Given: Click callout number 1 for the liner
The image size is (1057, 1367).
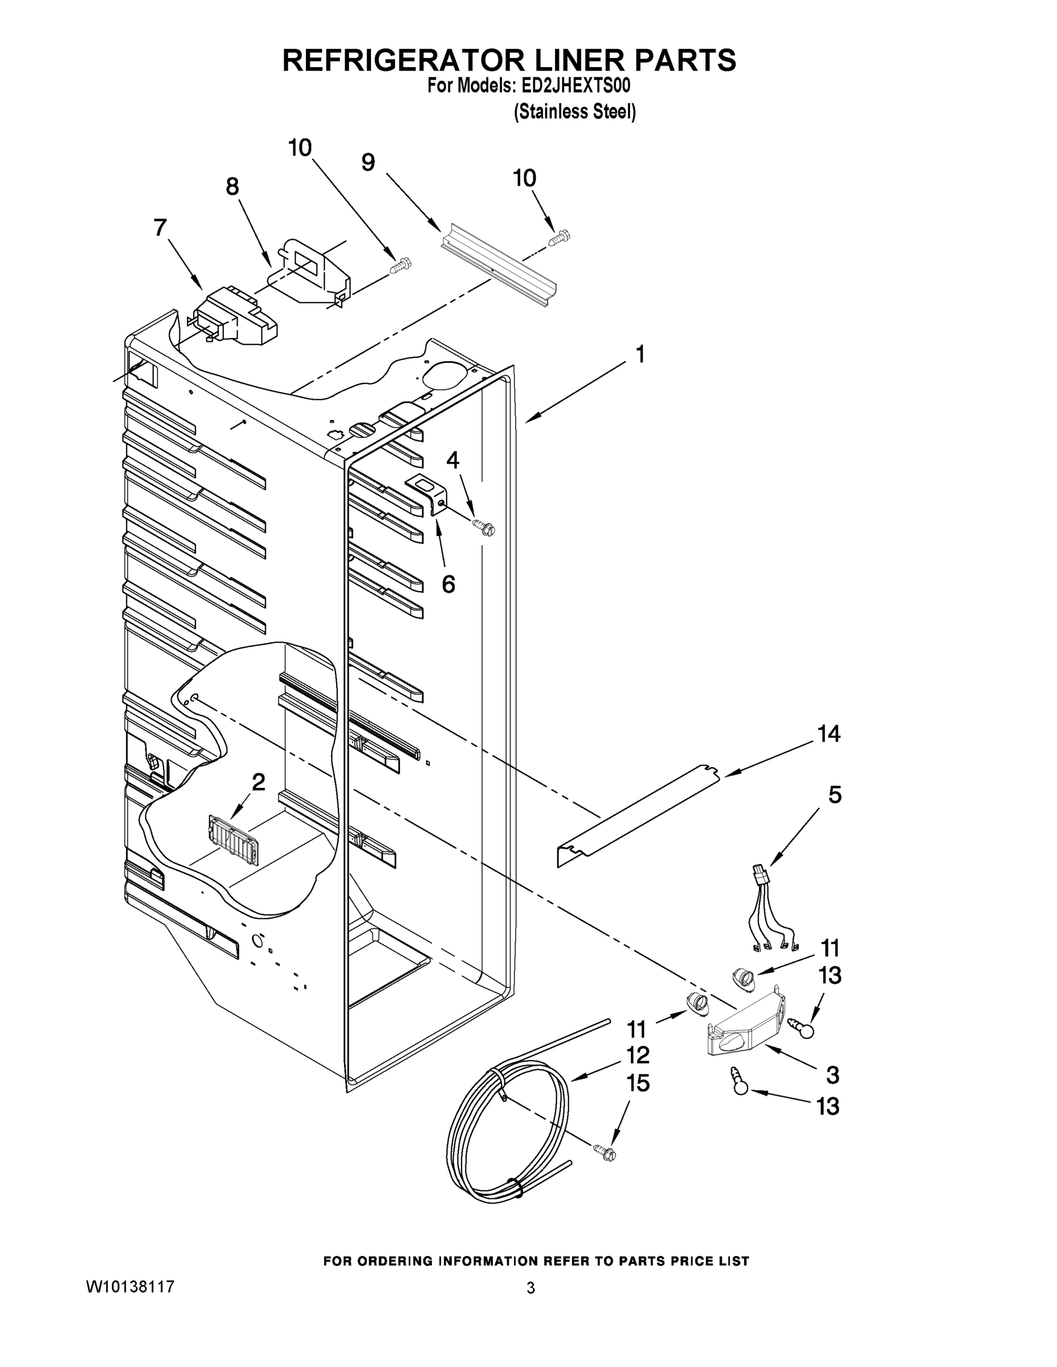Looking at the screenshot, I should coord(639,355).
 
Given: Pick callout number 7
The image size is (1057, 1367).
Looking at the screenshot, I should coord(160,228).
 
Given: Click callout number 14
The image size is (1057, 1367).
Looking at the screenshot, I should coord(829,734).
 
